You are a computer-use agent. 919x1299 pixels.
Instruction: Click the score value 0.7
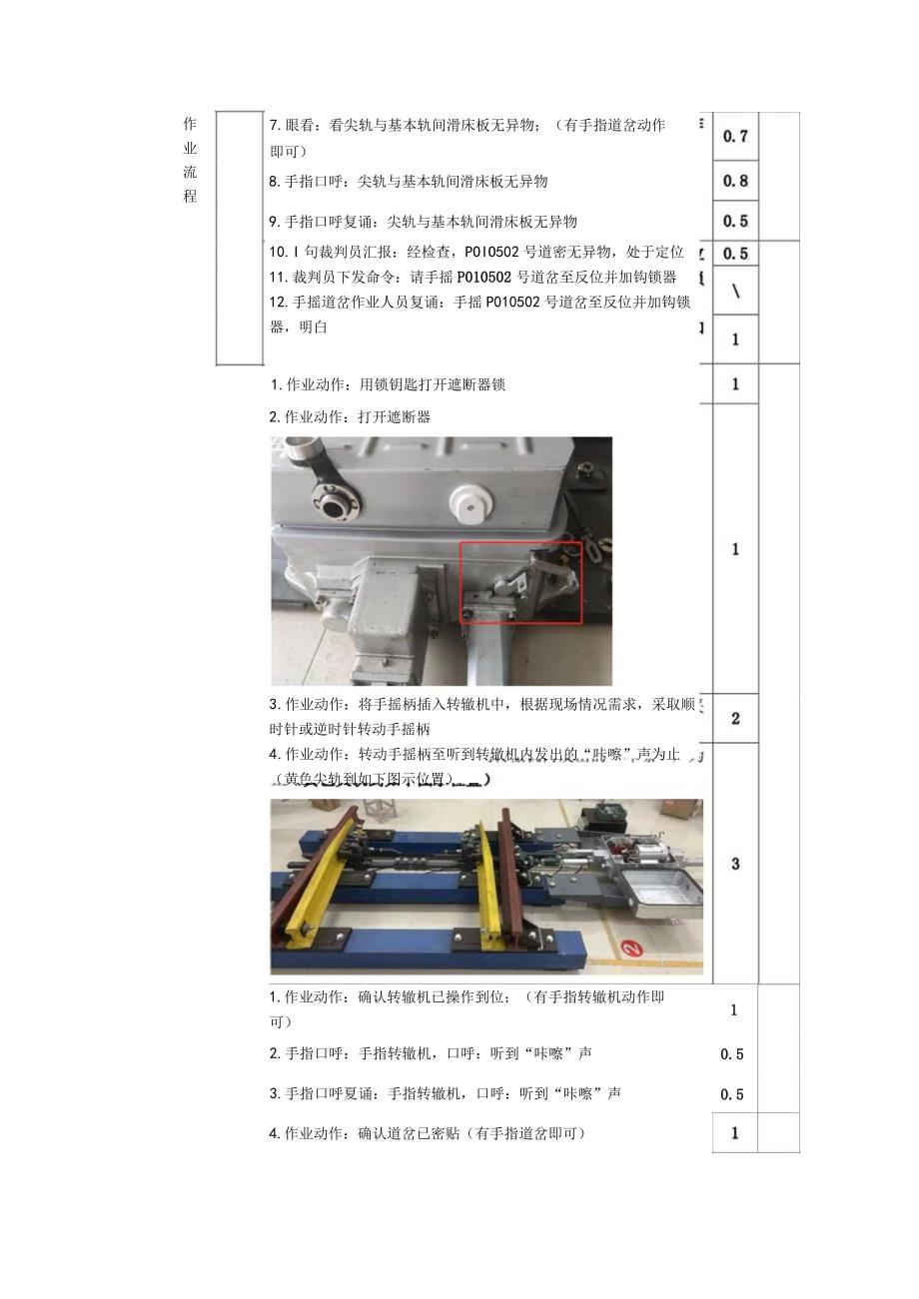pos(736,137)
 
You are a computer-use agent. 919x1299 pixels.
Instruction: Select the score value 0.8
pos(736,181)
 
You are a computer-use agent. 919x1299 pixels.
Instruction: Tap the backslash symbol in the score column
pos(736,291)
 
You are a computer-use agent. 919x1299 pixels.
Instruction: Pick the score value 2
pos(736,718)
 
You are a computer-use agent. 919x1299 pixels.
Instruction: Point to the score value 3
pos(736,864)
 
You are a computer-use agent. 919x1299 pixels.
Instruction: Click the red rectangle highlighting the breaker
pos(520,583)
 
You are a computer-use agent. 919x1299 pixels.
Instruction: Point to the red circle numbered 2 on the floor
pos(630,948)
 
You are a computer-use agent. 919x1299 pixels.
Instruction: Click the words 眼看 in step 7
pos(299,126)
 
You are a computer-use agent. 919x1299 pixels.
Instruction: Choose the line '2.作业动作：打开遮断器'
pos(350,417)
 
